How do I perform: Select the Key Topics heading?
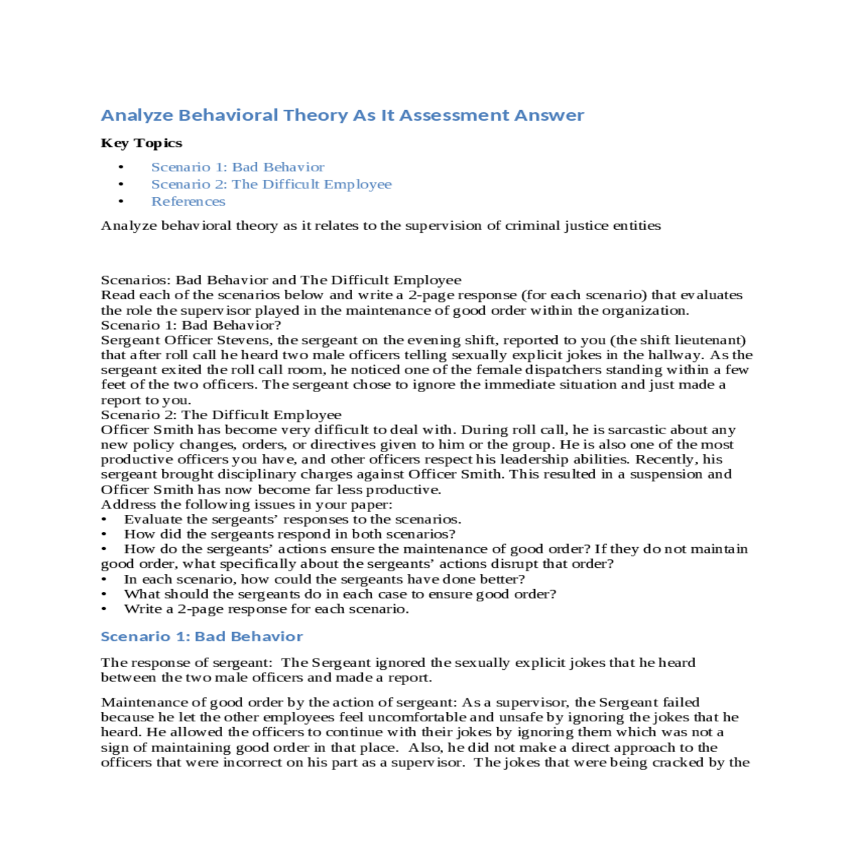pyautogui.click(x=141, y=143)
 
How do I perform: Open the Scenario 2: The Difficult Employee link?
pyautogui.click(x=271, y=184)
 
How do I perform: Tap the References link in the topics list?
pyautogui.click(x=188, y=201)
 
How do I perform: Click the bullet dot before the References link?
pyautogui.click(x=121, y=201)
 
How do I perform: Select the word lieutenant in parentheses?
pyautogui.click(x=707, y=340)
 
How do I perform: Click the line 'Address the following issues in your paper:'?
pyautogui.click(x=246, y=504)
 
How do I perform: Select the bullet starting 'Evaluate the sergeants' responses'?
pyautogui.click(x=292, y=519)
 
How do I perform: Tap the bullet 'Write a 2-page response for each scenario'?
pyautogui.click(x=266, y=609)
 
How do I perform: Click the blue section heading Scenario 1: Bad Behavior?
pyautogui.click(x=201, y=636)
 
